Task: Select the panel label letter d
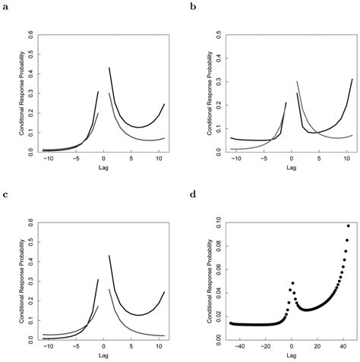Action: tap(193, 194)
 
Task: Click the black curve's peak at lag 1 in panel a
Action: tap(110, 68)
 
